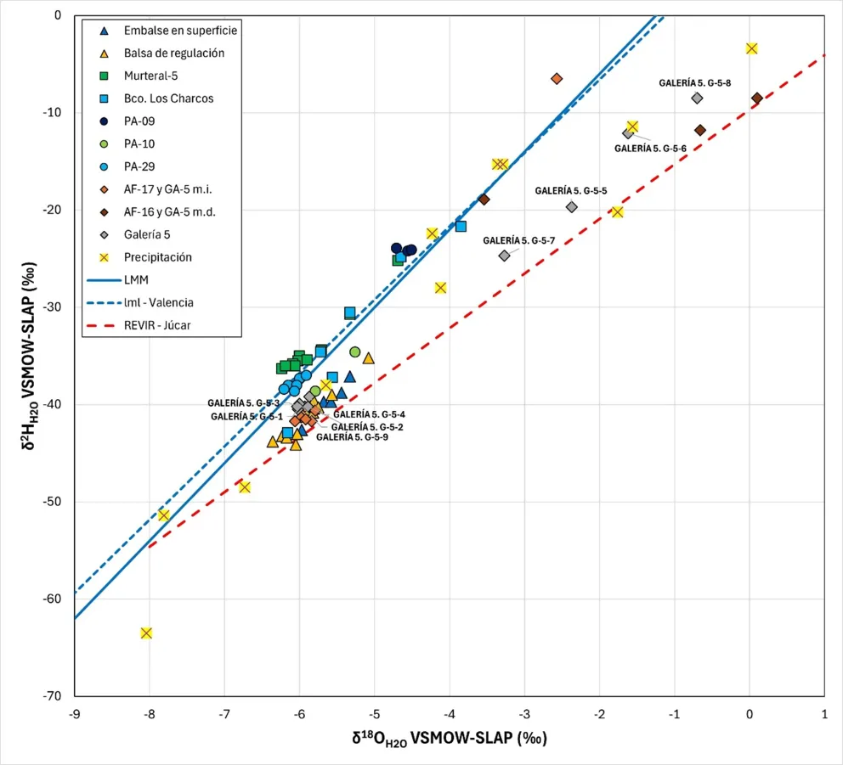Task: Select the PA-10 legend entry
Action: tap(139, 143)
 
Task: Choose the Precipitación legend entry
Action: tap(157, 257)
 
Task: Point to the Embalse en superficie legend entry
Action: tap(179, 30)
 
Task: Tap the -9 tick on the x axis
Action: tap(75, 715)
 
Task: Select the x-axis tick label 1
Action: tap(824, 715)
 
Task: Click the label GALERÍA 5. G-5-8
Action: tap(695, 83)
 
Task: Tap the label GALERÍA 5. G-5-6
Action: tap(650, 149)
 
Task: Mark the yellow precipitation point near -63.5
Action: tap(146, 633)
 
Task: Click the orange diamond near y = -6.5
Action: tap(557, 78)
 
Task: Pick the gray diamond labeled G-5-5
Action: tap(571, 206)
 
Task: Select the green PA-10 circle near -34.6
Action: tap(354, 352)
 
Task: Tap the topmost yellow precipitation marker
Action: tap(751, 48)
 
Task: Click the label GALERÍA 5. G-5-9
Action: tap(352, 438)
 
